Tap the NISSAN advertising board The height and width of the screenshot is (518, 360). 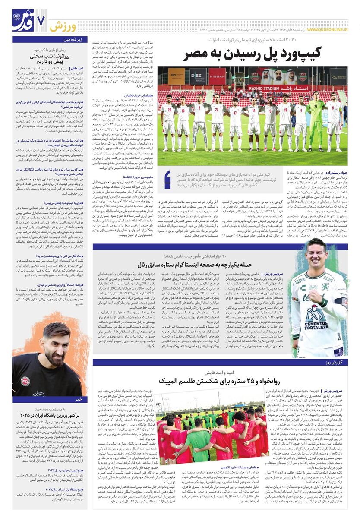pos(217,76)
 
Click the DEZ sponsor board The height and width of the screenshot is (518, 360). pos(198,76)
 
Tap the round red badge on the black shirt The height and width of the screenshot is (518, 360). pos(25,380)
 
